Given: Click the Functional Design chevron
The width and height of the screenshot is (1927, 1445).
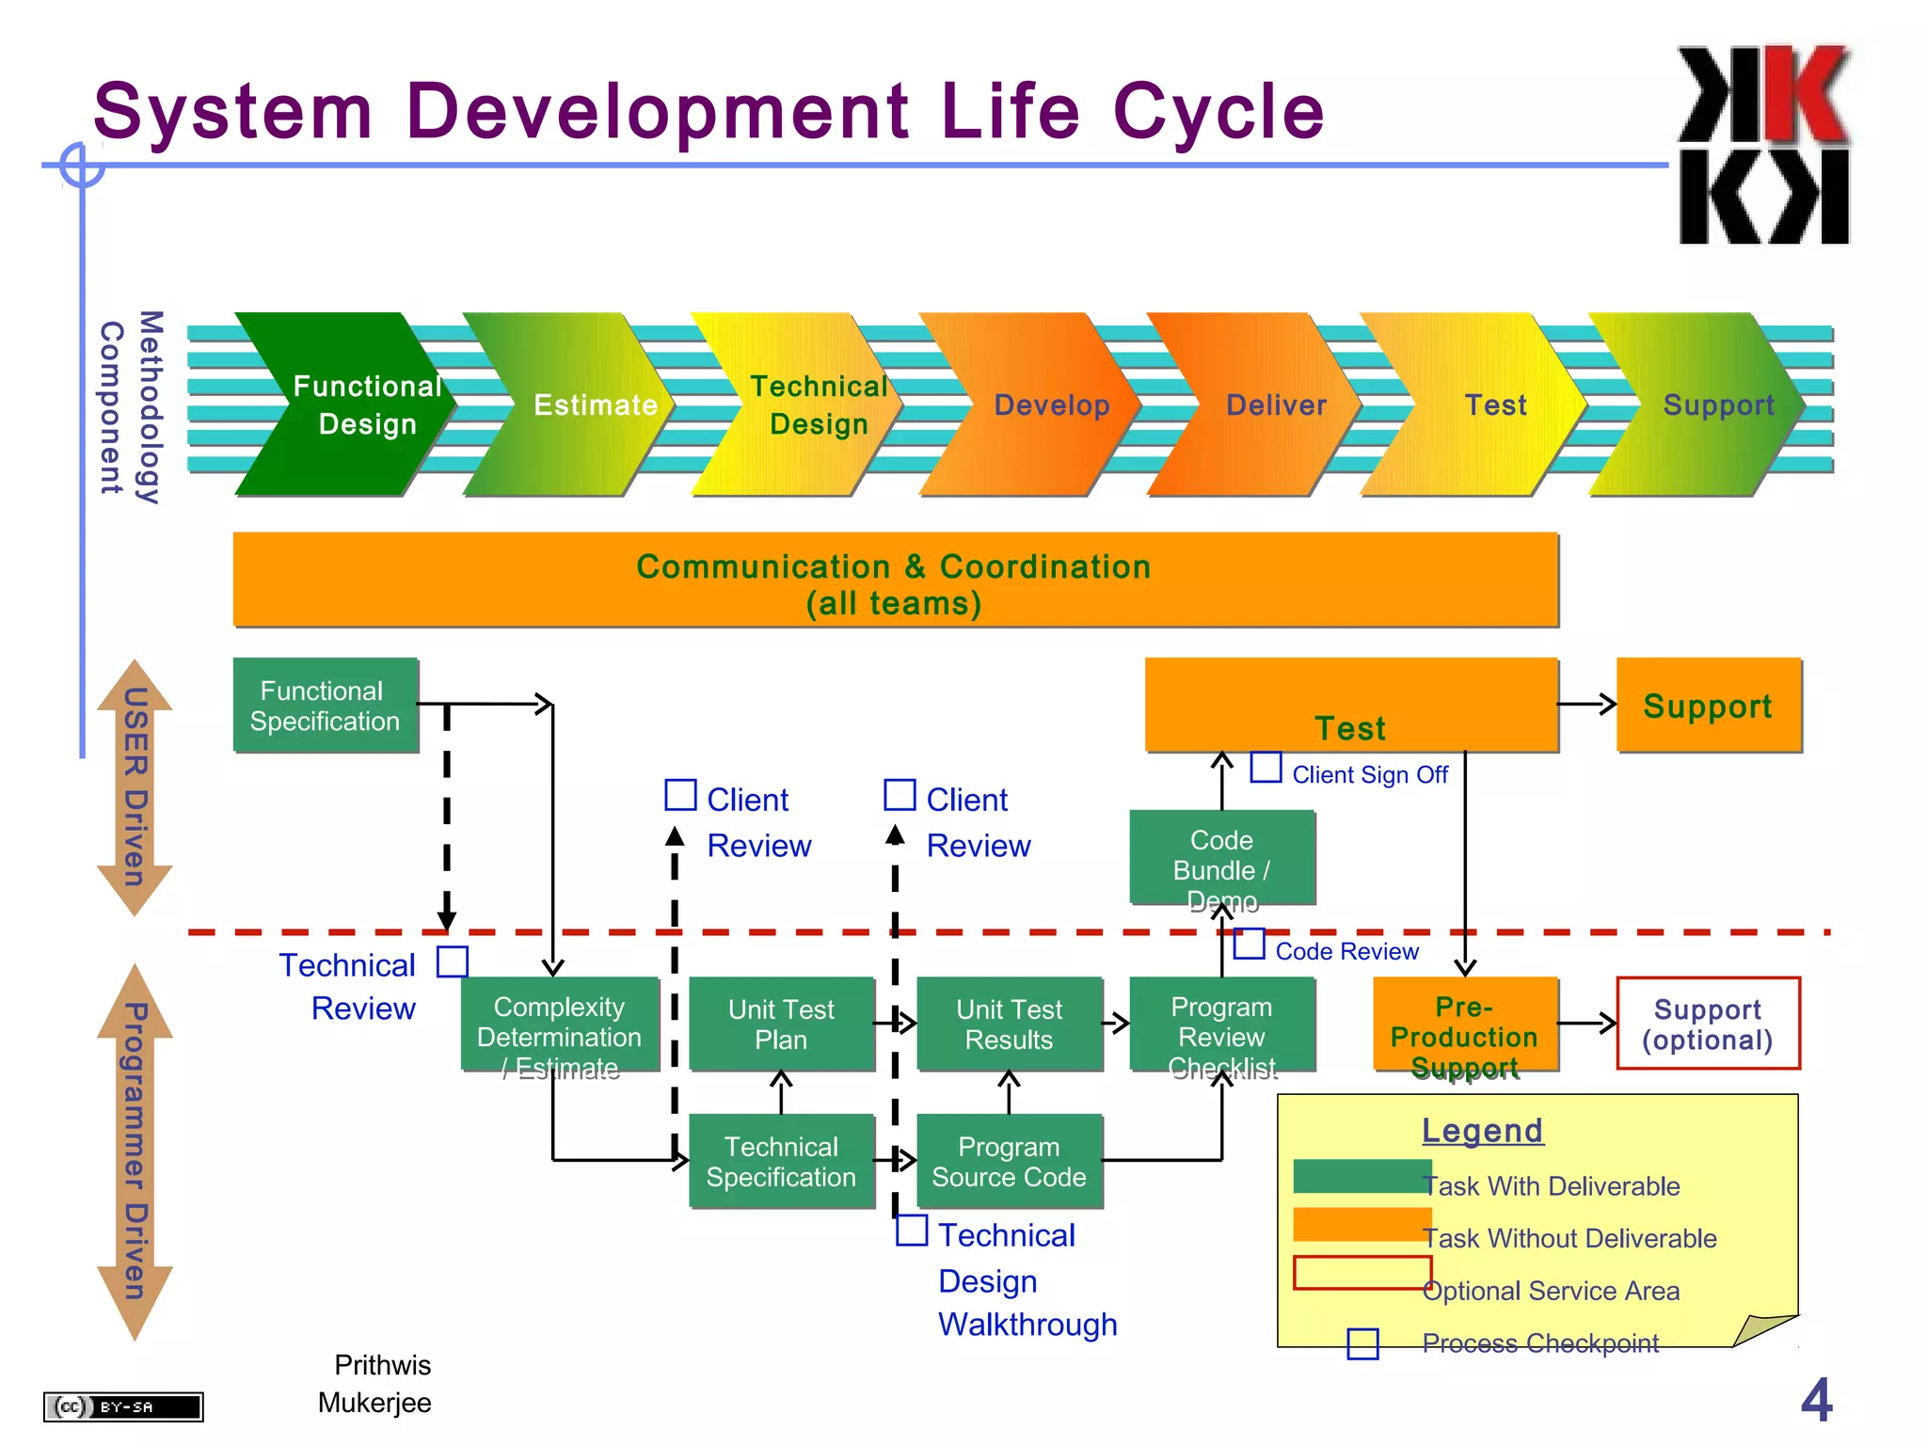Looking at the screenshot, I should tap(348, 405).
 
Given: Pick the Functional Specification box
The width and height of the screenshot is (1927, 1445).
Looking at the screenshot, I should tap(325, 705).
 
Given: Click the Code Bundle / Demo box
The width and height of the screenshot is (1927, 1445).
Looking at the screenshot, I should tap(1221, 856).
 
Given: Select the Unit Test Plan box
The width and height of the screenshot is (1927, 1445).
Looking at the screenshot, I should tap(781, 1024).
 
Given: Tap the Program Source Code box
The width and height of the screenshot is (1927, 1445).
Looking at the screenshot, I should tap(1009, 1161).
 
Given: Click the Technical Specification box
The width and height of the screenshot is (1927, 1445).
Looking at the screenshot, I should tap(781, 1161).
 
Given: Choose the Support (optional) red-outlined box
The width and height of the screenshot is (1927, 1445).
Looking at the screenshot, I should tap(1707, 1024).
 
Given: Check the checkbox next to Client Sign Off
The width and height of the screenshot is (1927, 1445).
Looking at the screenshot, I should tap(1266, 767).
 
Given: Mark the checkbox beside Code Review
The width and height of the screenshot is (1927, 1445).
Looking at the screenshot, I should tap(1249, 944).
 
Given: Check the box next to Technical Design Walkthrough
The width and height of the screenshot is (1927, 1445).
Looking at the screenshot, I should tap(911, 1230).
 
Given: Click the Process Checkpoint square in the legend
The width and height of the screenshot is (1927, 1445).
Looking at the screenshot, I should tap(1362, 1343).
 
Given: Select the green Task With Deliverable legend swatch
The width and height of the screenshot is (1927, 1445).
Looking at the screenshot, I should tap(1361, 1176).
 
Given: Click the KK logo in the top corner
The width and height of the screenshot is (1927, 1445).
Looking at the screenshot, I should tap(1764, 146).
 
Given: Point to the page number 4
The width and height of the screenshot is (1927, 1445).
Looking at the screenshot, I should tap(1816, 1400).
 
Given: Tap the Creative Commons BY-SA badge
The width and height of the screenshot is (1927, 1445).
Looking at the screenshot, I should tap(123, 1406).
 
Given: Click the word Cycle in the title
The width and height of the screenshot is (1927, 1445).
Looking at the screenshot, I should tap(1218, 111).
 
